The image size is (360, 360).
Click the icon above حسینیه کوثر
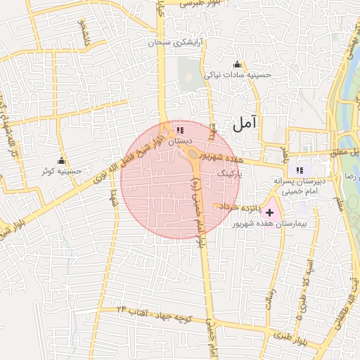(61, 160)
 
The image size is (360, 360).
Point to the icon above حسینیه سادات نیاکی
(236, 64)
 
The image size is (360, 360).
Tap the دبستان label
(160, 141)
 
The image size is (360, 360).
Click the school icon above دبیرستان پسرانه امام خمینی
(300, 170)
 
